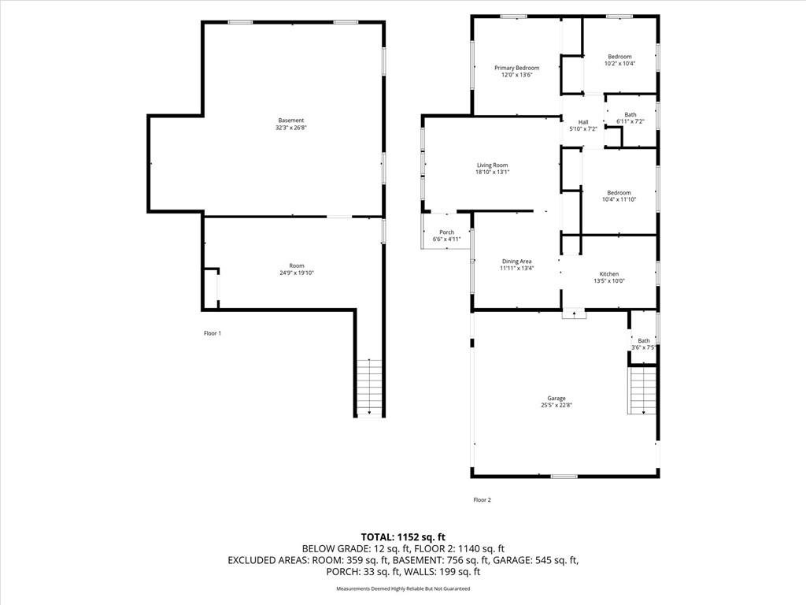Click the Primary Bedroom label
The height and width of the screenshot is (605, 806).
(x=516, y=68)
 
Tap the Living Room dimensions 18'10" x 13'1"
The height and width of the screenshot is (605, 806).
(x=492, y=173)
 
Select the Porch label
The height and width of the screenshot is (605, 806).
(x=447, y=232)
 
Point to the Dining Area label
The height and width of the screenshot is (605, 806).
(x=516, y=262)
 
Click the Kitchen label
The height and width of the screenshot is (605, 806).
(x=609, y=274)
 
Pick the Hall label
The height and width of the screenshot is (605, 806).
(x=583, y=122)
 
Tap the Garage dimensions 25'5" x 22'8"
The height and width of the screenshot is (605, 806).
(x=556, y=406)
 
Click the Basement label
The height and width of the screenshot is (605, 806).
(x=291, y=121)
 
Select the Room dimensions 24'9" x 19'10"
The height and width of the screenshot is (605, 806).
(x=297, y=273)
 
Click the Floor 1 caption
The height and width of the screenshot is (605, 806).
(x=213, y=333)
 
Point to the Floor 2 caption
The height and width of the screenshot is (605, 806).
(x=482, y=499)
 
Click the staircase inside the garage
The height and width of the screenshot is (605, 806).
(x=642, y=390)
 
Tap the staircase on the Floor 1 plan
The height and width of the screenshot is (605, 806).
(x=370, y=388)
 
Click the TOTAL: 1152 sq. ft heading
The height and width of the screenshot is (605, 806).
(x=403, y=537)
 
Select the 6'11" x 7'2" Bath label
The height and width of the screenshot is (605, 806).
(x=630, y=115)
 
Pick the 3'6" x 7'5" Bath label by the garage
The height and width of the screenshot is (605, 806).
(x=644, y=340)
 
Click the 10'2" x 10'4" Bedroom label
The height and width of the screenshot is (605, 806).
(x=619, y=57)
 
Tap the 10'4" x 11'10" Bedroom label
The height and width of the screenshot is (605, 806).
(x=619, y=193)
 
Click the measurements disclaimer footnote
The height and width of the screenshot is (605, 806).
(x=403, y=588)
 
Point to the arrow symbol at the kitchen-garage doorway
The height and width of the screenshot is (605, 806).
(x=574, y=314)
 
